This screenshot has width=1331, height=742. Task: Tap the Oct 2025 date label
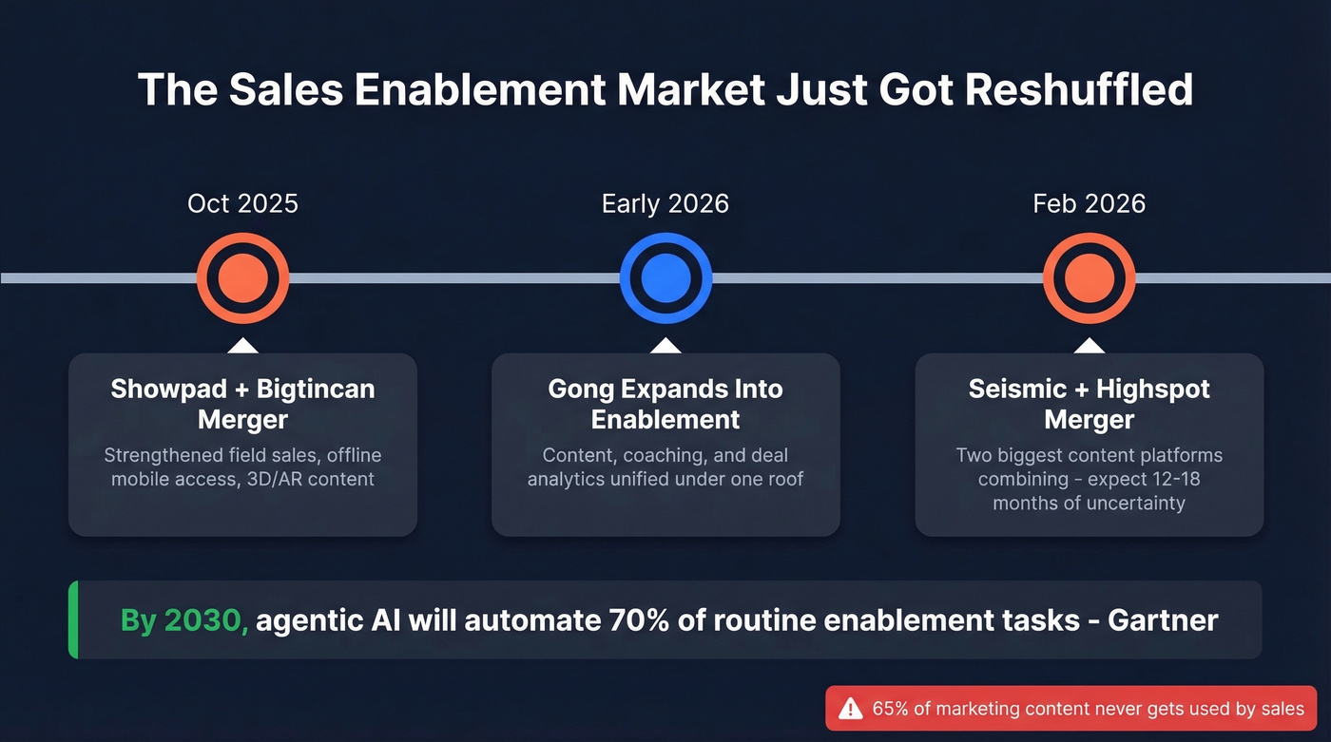(242, 203)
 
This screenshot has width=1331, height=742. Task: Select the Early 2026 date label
(665, 203)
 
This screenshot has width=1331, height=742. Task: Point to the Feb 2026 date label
(1090, 203)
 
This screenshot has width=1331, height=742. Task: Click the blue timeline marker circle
(665, 278)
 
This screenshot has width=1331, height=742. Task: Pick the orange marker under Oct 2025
(242, 278)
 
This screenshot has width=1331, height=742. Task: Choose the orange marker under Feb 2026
(1090, 278)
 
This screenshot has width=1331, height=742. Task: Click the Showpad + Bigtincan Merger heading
(242, 404)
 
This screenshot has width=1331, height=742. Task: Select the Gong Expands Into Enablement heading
(665, 404)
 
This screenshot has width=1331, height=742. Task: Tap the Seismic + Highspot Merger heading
(1090, 404)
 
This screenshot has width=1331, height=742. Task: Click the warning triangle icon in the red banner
(851, 709)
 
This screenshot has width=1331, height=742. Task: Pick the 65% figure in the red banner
(890, 709)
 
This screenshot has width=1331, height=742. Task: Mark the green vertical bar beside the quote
(72, 620)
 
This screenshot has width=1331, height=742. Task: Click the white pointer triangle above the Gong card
(665, 346)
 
